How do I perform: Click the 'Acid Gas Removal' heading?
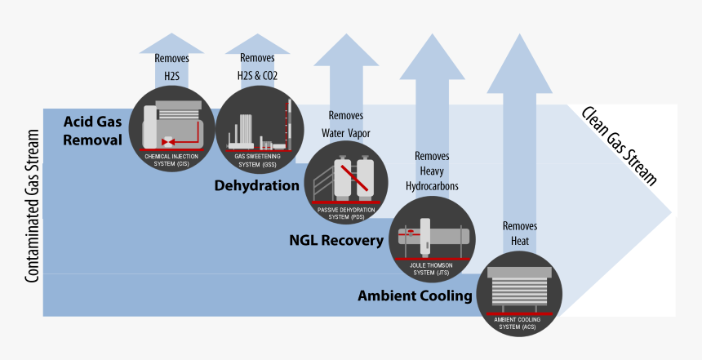(x=92, y=131)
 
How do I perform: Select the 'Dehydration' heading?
(x=256, y=185)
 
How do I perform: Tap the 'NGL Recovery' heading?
(x=335, y=240)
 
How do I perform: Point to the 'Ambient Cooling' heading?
(x=415, y=296)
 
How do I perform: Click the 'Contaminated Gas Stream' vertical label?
(x=33, y=205)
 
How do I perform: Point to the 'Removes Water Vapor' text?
(x=346, y=122)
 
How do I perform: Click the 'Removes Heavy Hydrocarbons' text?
(x=432, y=171)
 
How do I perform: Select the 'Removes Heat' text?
(x=520, y=233)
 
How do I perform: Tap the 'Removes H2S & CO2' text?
(x=258, y=67)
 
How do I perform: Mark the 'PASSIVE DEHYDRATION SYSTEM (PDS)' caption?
(x=346, y=213)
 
